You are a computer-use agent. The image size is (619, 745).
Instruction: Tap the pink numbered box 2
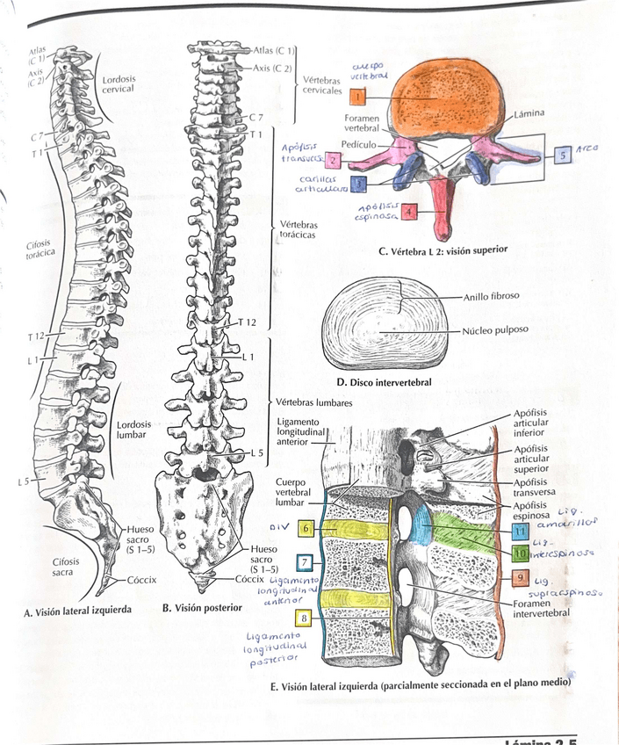(x=334, y=161)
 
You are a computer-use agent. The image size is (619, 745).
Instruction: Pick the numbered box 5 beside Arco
(x=561, y=155)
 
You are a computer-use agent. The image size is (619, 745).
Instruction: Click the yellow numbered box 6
(x=304, y=529)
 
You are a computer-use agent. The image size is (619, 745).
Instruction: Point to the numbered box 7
(x=304, y=562)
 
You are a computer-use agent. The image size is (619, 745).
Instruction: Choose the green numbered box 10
(x=520, y=554)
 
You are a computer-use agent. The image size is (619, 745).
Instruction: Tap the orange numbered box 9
(x=520, y=578)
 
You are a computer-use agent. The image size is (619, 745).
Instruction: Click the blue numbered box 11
(x=520, y=532)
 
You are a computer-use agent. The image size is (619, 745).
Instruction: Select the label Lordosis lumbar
(x=133, y=430)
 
